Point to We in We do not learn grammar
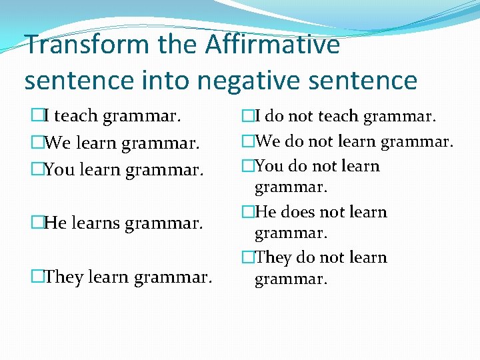coord(267,141)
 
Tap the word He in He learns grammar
coord(55,223)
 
